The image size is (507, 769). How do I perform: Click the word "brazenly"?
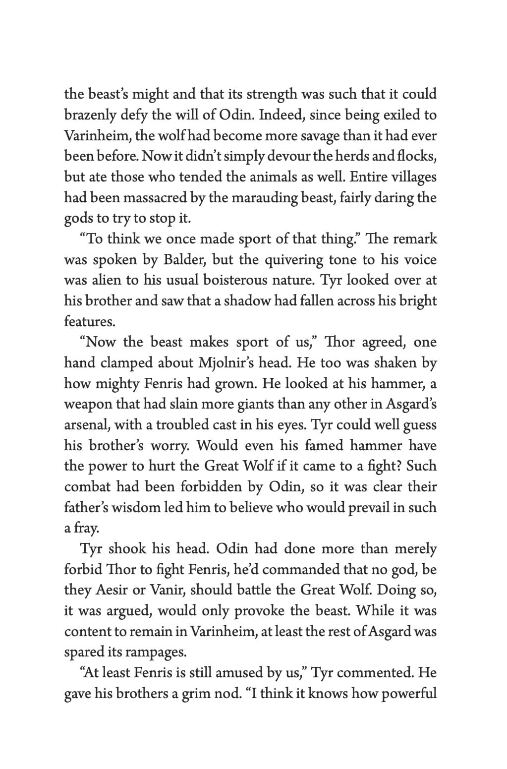88,115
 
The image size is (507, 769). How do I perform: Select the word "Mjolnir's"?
230,363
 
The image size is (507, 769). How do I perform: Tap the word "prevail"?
361,507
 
